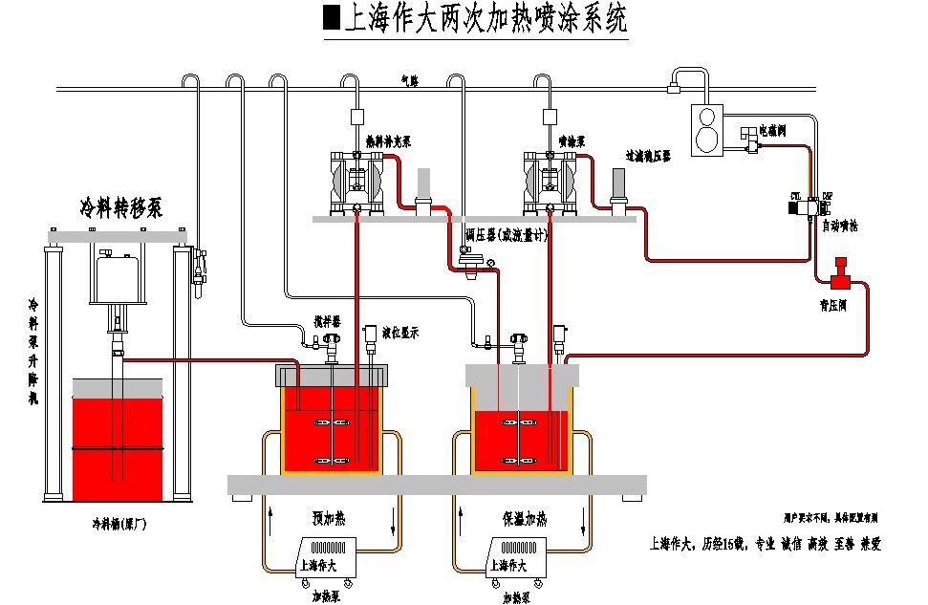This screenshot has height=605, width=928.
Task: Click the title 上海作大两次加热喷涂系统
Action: coord(476,19)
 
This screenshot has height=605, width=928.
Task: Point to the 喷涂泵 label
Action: coord(572,141)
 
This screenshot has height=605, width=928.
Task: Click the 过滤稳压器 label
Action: coord(648,153)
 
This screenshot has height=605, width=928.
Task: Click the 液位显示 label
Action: coord(400,332)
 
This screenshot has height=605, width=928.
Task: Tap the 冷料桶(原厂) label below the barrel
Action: coord(119,524)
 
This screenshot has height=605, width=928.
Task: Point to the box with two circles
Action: coord(707,129)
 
